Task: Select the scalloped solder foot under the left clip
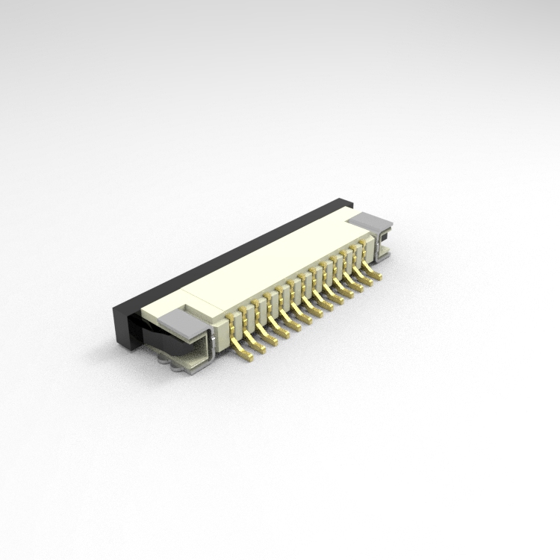178,364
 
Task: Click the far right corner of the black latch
349,202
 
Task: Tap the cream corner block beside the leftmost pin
222,329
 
